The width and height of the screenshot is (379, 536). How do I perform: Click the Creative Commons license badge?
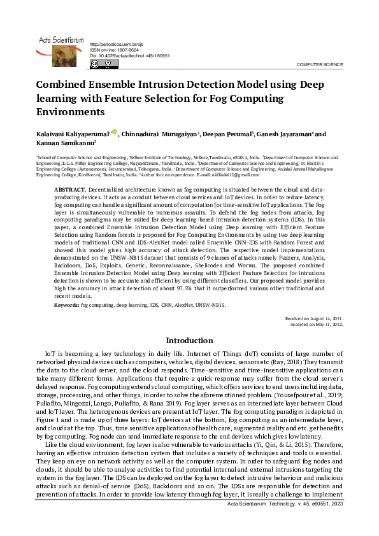(104, 64)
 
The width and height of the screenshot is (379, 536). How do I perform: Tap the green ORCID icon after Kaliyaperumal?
(114, 132)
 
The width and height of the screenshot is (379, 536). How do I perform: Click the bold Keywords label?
(67, 306)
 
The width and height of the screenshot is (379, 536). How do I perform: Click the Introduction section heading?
(189, 341)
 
